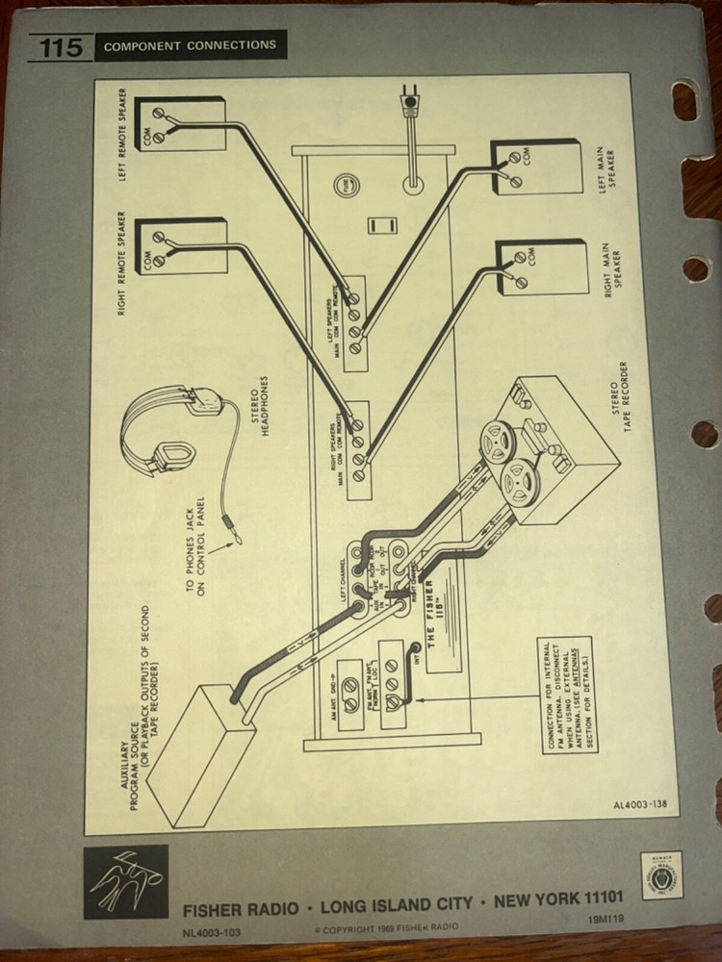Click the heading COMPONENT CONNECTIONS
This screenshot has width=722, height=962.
[190, 45]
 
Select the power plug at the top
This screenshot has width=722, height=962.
[412, 101]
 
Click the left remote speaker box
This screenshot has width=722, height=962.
[180, 124]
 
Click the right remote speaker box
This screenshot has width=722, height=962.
[181, 246]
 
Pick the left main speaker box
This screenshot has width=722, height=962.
[536, 167]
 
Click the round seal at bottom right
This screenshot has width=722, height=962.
[661, 874]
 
